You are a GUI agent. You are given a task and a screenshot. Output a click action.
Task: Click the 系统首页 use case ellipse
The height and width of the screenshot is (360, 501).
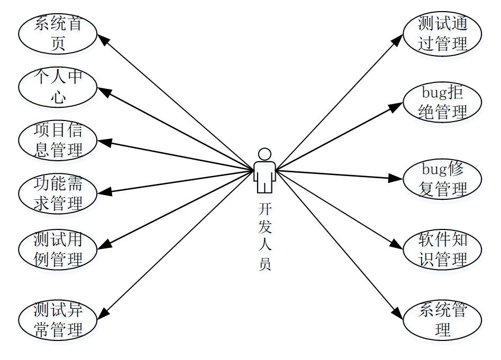coord(58,34)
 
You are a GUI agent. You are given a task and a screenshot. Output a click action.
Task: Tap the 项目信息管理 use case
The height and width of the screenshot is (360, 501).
coord(58,141)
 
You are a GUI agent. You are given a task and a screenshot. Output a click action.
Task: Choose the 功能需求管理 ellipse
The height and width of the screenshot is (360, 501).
coord(58,194)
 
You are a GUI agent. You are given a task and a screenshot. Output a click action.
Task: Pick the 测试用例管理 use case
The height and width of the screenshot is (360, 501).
coord(58,249)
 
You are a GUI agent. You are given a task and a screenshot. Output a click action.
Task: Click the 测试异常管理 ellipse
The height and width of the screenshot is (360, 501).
coord(58,320)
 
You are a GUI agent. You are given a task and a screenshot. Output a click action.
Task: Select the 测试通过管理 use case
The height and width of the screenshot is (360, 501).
coord(442,34)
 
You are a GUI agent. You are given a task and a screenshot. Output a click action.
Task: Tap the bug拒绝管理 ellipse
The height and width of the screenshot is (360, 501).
coord(442,102)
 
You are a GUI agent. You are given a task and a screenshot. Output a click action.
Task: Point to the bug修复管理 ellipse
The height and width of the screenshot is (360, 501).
coord(442,179)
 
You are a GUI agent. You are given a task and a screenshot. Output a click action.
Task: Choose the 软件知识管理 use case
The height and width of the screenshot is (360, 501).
coord(442,250)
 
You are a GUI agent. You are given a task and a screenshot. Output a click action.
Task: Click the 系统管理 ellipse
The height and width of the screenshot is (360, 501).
coord(442,320)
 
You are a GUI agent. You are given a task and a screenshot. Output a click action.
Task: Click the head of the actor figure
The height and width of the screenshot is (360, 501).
coord(265,154)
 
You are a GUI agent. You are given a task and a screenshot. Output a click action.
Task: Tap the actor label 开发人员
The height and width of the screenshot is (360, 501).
coord(265,236)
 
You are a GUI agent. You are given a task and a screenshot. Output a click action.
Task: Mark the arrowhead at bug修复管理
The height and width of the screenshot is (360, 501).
coord(397,178)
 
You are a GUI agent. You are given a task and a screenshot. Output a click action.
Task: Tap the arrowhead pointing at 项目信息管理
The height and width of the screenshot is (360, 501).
coord(103,142)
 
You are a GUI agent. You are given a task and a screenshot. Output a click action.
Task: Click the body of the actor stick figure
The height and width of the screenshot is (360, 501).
coord(265,174)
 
